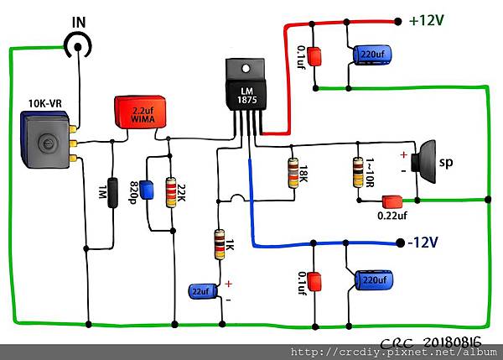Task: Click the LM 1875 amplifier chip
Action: (246, 89)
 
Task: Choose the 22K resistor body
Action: (172, 193)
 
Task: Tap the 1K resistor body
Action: (220, 246)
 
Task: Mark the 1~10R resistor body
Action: (358, 172)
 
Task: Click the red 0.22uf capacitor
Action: (391, 201)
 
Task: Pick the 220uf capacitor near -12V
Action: (371, 280)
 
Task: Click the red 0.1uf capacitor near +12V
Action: (314, 56)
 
